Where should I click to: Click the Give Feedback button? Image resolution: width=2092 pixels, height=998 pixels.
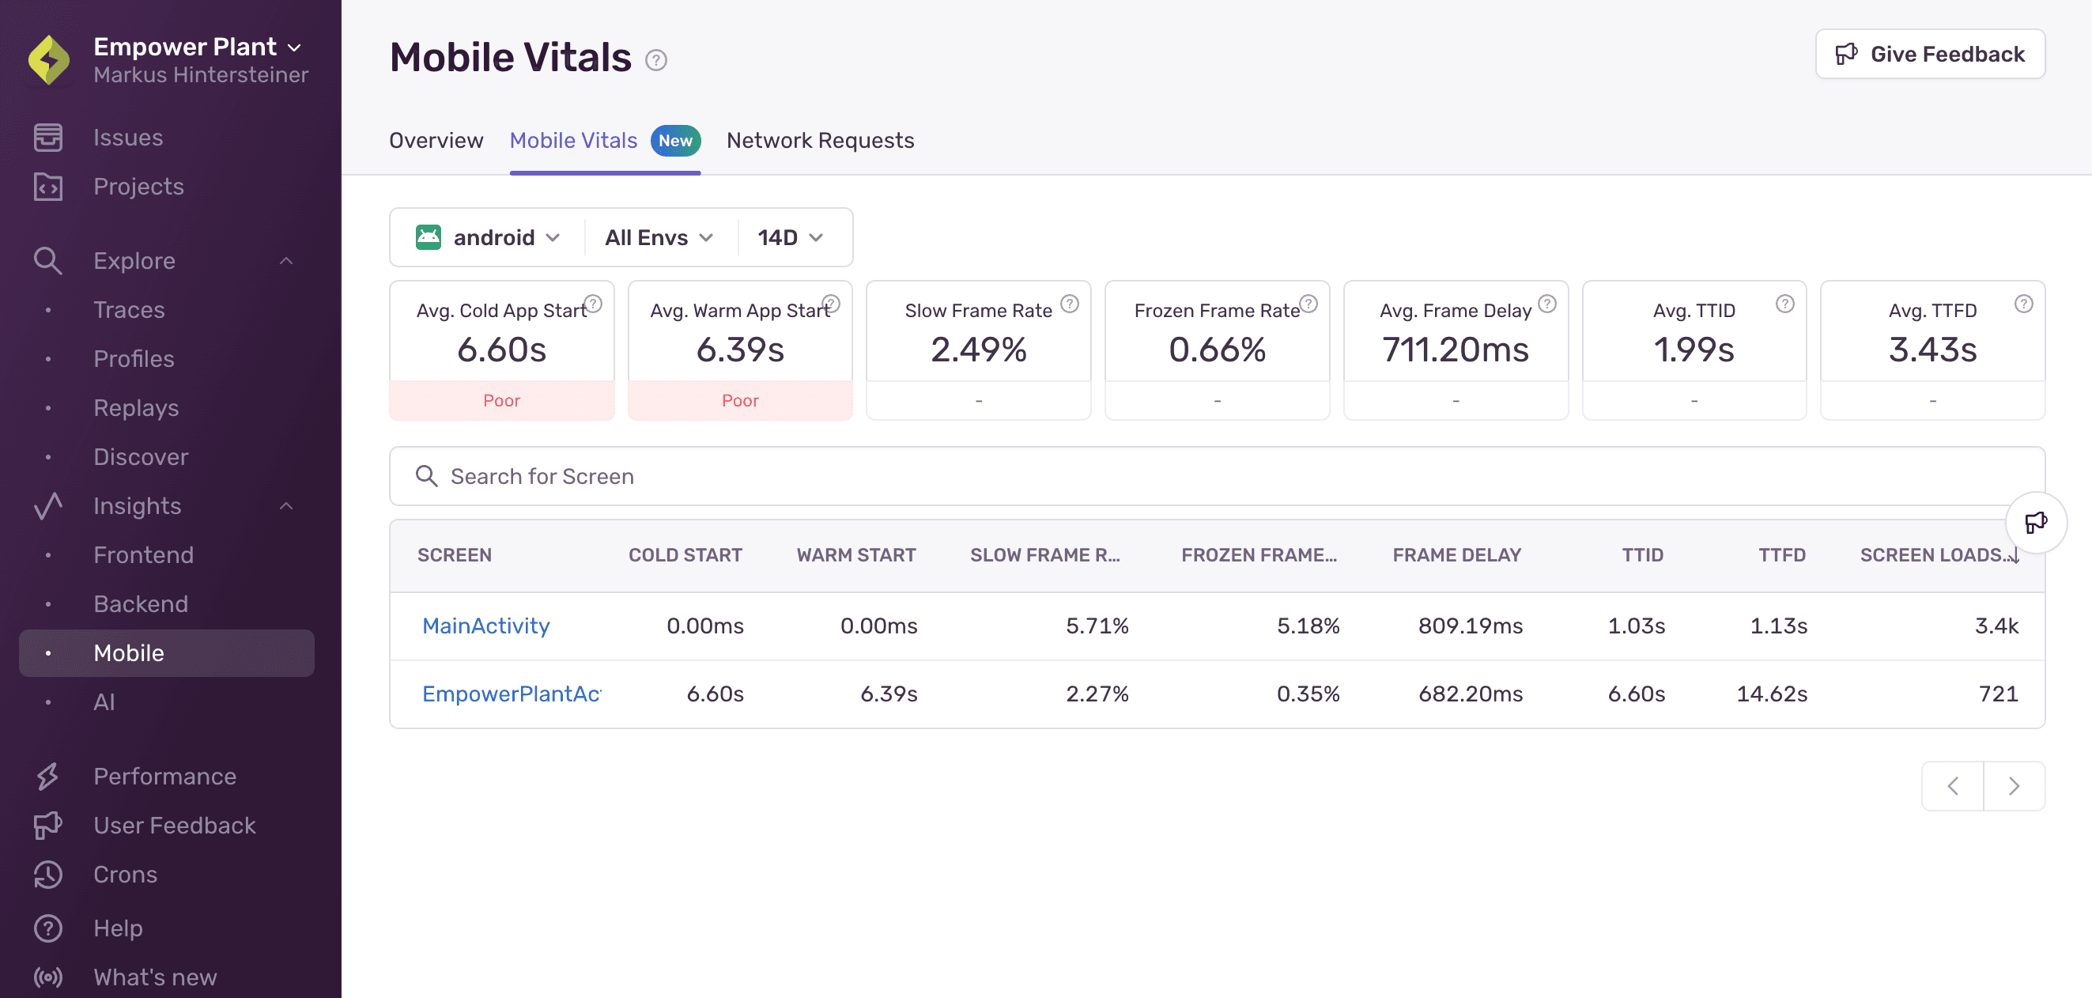pyautogui.click(x=1930, y=55)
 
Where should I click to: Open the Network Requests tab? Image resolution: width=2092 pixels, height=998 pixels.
pyautogui.click(x=819, y=141)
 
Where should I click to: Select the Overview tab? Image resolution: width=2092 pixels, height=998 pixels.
pyautogui.click(x=436, y=141)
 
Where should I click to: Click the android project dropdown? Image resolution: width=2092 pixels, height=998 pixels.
pyautogui.click(x=488, y=238)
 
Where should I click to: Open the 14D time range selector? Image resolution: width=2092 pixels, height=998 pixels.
pyautogui.click(x=789, y=238)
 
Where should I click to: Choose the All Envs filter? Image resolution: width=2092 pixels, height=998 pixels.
pyautogui.click(x=658, y=238)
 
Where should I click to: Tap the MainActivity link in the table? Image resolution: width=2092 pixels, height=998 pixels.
pyautogui.click(x=485, y=626)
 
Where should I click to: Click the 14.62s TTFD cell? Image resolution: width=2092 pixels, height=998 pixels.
pyautogui.click(x=1771, y=694)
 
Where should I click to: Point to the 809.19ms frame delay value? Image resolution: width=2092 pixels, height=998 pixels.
pyautogui.click(x=1470, y=626)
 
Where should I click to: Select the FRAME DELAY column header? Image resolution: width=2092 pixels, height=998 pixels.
pyautogui.click(x=1456, y=555)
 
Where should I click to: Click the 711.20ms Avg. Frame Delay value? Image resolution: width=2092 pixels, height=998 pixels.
pyautogui.click(x=1456, y=350)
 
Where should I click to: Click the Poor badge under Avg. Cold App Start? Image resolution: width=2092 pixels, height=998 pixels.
pyautogui.click(x=501, y=401)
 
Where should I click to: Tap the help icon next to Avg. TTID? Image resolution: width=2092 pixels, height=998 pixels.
pyautogui.click(x=1784, y=304)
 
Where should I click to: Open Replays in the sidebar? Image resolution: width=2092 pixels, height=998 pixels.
pyautogui.click(x=136, y=407)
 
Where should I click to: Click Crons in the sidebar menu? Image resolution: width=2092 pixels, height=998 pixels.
pyautogui.click(x=125, y=875)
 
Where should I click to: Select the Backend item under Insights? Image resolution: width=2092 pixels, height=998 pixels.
pyautogui.click(x=141, y=604)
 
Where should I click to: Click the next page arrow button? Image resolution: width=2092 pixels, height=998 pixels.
pyautogui.click(x=2013, y=786)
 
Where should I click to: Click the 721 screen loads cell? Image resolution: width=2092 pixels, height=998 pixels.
pyautogui.click(x=1998, y=694)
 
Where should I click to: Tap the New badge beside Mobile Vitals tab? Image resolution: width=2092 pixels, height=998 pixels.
pyautogui.click(x=675, y=141)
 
